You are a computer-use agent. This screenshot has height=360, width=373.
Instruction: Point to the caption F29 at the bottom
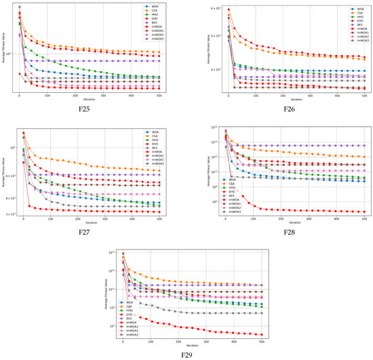189,354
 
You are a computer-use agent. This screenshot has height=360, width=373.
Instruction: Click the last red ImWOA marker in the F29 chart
262,334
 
